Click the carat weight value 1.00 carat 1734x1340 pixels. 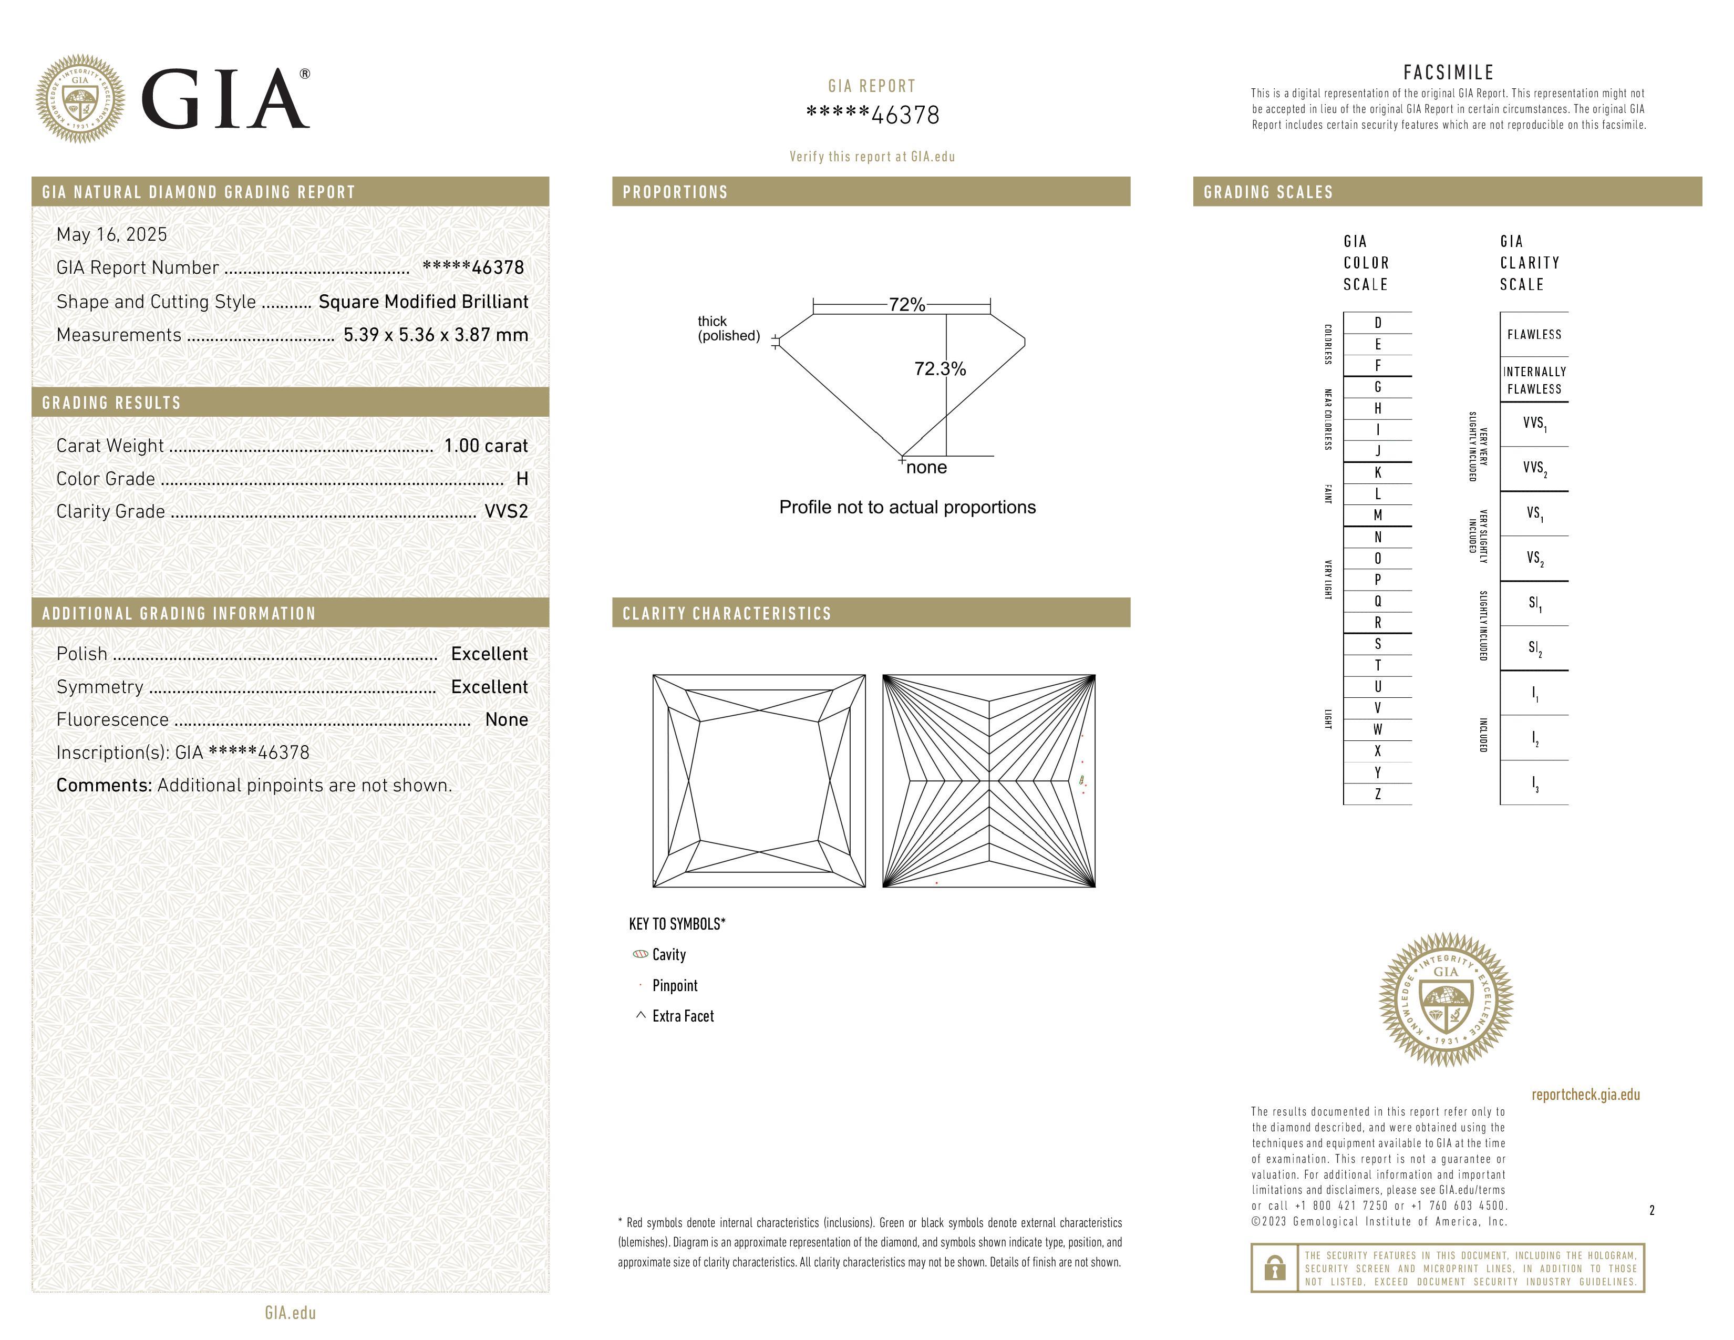pos(485,445)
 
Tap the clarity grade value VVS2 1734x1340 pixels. pos(505,511)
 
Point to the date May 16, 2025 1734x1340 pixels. pos(112,234)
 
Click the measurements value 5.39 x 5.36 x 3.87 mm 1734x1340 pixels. pos(435,335)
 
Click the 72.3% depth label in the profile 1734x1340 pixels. pos(940,369)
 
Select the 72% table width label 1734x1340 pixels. pos(907,305)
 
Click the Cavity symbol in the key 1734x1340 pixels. pos(640,954)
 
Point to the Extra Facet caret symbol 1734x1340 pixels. pos(640,1015)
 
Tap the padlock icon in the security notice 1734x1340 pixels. pos(1274,1268)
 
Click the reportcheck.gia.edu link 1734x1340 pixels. pos(1585,1095)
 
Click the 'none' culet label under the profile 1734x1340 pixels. pos(926,468)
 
